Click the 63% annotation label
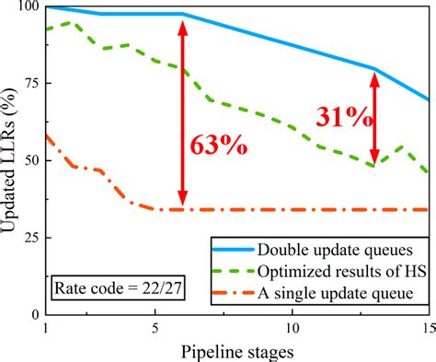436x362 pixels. pos(218,146)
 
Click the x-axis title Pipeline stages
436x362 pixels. pos(236,352)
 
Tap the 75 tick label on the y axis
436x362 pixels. pos(29,84)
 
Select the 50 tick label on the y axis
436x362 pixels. pos(29,161)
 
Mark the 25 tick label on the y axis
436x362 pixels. pos(29,239)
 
